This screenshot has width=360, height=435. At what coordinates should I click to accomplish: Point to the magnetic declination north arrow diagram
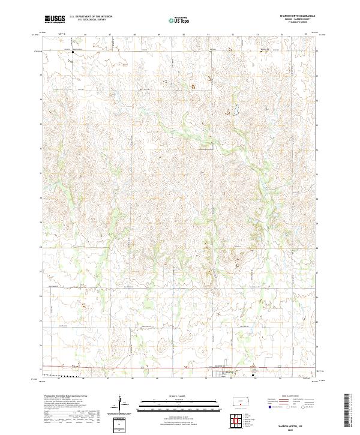[122, 401]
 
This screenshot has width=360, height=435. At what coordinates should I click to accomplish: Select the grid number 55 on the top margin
[306, 35]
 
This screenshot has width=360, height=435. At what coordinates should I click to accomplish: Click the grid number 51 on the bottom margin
[207, 379]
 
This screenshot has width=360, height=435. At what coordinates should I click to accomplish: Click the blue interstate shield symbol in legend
[268, 406]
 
